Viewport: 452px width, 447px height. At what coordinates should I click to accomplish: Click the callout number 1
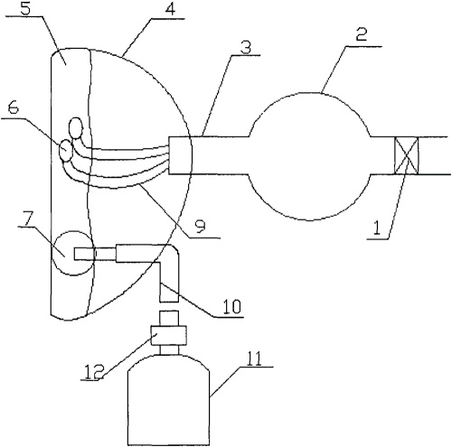pos(376,228)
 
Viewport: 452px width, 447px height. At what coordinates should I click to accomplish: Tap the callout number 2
pos(361,35)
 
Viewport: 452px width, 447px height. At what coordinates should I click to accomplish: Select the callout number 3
pos(246,48)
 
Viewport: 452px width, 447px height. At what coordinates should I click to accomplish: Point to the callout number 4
pos(170,9)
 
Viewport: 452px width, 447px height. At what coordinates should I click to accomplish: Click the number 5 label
pos(26,8)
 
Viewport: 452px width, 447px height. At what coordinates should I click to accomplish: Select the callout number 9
pos(200,227)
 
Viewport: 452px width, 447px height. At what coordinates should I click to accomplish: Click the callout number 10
pos(231,306)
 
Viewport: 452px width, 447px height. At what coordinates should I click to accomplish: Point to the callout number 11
pos(254,359)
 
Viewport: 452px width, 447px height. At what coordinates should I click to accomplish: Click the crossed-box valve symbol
pos(407,155)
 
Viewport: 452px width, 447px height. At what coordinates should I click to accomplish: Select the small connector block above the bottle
pos(169,336)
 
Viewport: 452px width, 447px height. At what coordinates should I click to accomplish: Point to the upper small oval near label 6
pos(76,127)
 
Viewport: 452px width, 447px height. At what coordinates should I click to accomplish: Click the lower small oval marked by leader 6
pos(66,150)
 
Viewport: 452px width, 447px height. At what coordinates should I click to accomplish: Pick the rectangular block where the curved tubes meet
pos(180,155)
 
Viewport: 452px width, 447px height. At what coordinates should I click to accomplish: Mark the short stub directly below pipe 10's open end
pos(169,319)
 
